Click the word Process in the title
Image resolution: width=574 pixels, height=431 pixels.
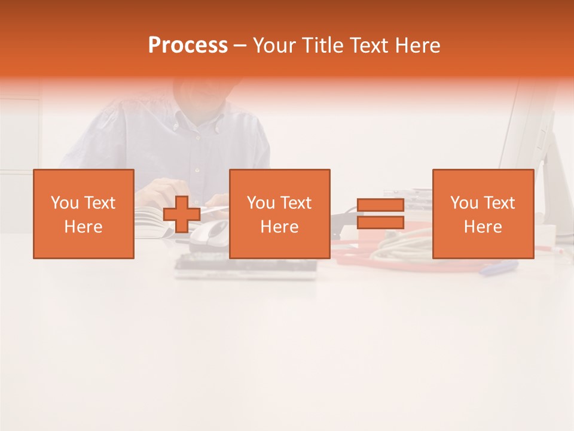click(x=188, y=45)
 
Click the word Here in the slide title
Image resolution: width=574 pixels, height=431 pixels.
click(x=419, y=45)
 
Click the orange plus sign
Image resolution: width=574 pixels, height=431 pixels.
click(x=182, y=214)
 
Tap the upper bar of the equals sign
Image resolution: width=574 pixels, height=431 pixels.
click(x=380, y=205)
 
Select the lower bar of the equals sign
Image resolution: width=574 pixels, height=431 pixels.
click(x=380, y=223)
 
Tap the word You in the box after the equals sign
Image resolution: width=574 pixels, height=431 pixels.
click(x=464, y=203)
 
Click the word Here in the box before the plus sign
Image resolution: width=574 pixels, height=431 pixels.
click(x=83, y=227)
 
